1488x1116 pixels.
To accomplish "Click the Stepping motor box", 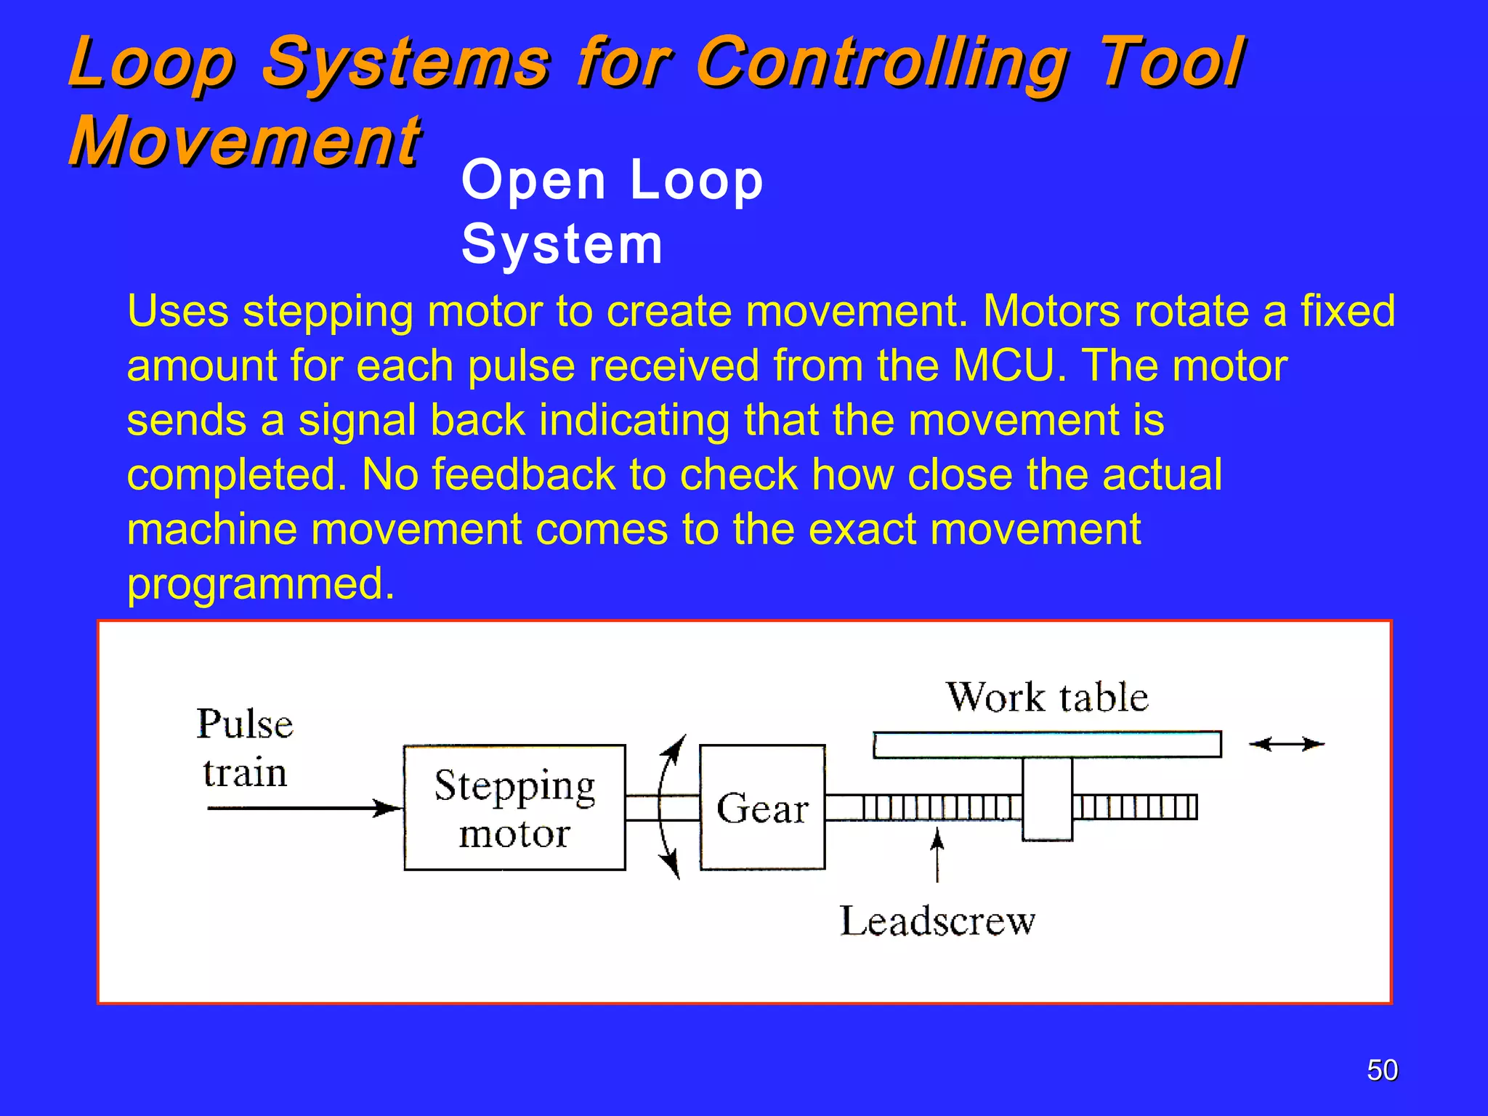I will pyautogui.click(x=514, y=807).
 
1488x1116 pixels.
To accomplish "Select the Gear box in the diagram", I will pyautogui.click(x=762, y=807).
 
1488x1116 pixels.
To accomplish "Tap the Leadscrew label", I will pyautogui.click(x=937, y=921).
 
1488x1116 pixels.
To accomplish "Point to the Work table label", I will pyautogui.click(x=1047, y=697).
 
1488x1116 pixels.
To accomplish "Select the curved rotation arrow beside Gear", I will pyautogui.click(x=665, y=807).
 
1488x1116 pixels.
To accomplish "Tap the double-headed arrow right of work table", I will pyautogui.click(x=1287, y=744).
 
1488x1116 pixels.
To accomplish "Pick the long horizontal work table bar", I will pyautogui.click(x=1046, y=745).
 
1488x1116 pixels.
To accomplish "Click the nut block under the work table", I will pyautogui.click(x=1047, y=799).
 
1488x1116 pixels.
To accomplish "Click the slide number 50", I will pyautogui.click(x=1382, y=1070).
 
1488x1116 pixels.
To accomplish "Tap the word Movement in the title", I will pyautogui.click(x=245, y=141).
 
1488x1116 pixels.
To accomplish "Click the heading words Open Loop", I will pyautogui.click(x=612, y=180).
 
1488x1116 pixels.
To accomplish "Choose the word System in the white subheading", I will pyautogui.click(x=562, y=245).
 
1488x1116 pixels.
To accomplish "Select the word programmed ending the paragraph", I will pyautogui.click(x=260, y=583).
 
